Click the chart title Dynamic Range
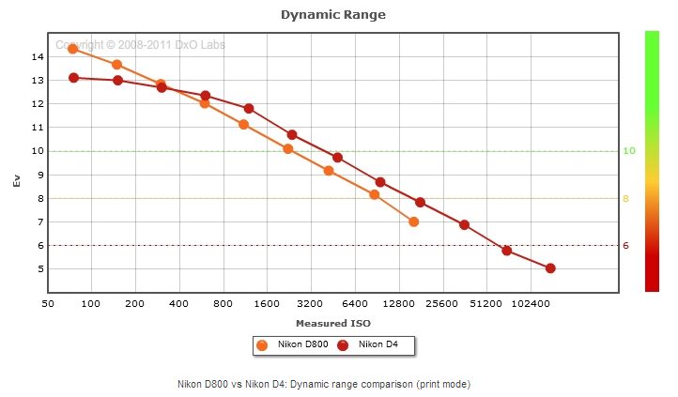point(333,15)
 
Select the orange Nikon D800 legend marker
point(262,345)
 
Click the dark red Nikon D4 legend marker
point(343,345)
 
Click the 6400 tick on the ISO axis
point(354,304)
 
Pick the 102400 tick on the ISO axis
point(529,304)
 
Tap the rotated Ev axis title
point(17,179)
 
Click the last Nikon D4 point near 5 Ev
point(550,268)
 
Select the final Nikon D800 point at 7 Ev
point(413,221)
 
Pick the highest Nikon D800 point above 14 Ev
point(72,49)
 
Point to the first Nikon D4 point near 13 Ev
point(73,78)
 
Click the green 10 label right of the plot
point(631,151)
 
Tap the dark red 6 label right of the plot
point(627,246)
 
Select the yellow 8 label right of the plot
point(627,199)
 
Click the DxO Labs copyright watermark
point(140,44)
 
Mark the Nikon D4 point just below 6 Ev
point(506,251)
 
